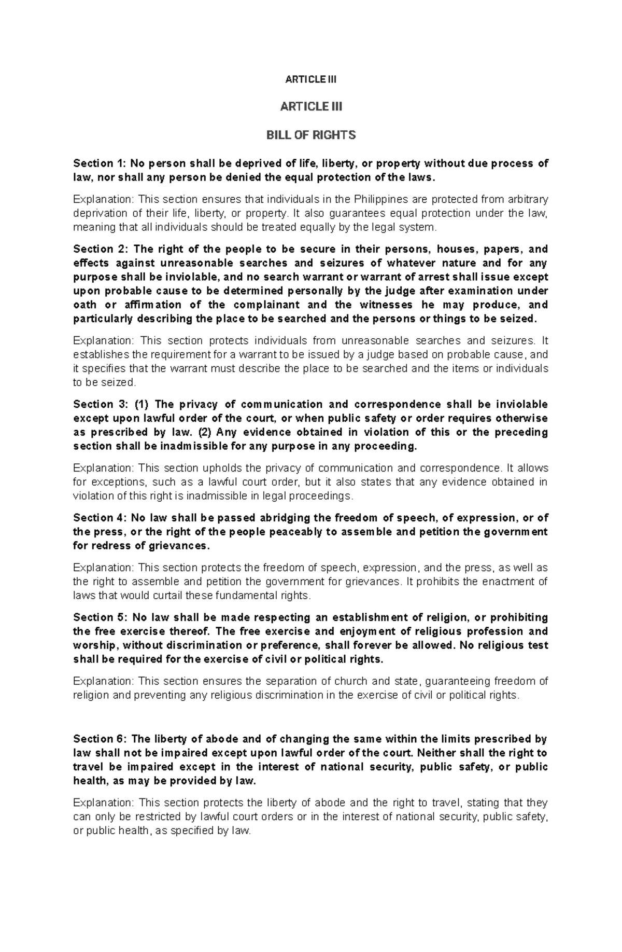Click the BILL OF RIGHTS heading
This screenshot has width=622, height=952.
(x=311, y=135)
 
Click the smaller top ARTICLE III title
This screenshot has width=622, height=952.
(x=311, y=79)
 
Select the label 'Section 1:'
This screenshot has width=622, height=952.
(x=99, y=164)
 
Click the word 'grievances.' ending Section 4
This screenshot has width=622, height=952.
(x=181, y=546)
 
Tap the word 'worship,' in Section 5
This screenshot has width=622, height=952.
(x=96, y=646)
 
